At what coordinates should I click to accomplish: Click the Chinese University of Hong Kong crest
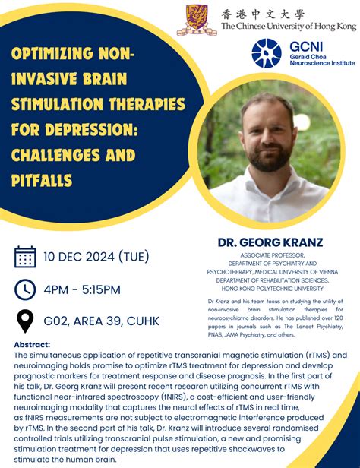pyautogui.click(x=197, y=19)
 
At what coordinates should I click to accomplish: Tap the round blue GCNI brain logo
pyautogui.click(x=267, y=53)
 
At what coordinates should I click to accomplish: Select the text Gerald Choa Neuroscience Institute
pyautogui.click(x=321, y=60)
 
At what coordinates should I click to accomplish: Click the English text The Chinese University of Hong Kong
pyautogui.click(x=288, y=26)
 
